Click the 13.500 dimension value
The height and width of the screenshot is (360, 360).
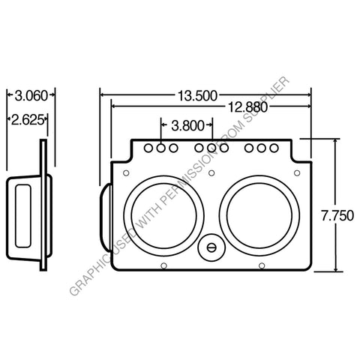(197, 95)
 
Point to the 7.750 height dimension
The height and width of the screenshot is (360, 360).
(337, 214)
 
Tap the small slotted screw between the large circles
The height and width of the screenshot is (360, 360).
(212, 247)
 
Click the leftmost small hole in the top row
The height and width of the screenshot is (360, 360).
(149, 148)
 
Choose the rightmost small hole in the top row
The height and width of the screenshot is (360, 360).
(273, 148)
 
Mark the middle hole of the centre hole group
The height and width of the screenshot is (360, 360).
(211, 148)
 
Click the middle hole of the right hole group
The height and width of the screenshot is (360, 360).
(261, 148)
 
